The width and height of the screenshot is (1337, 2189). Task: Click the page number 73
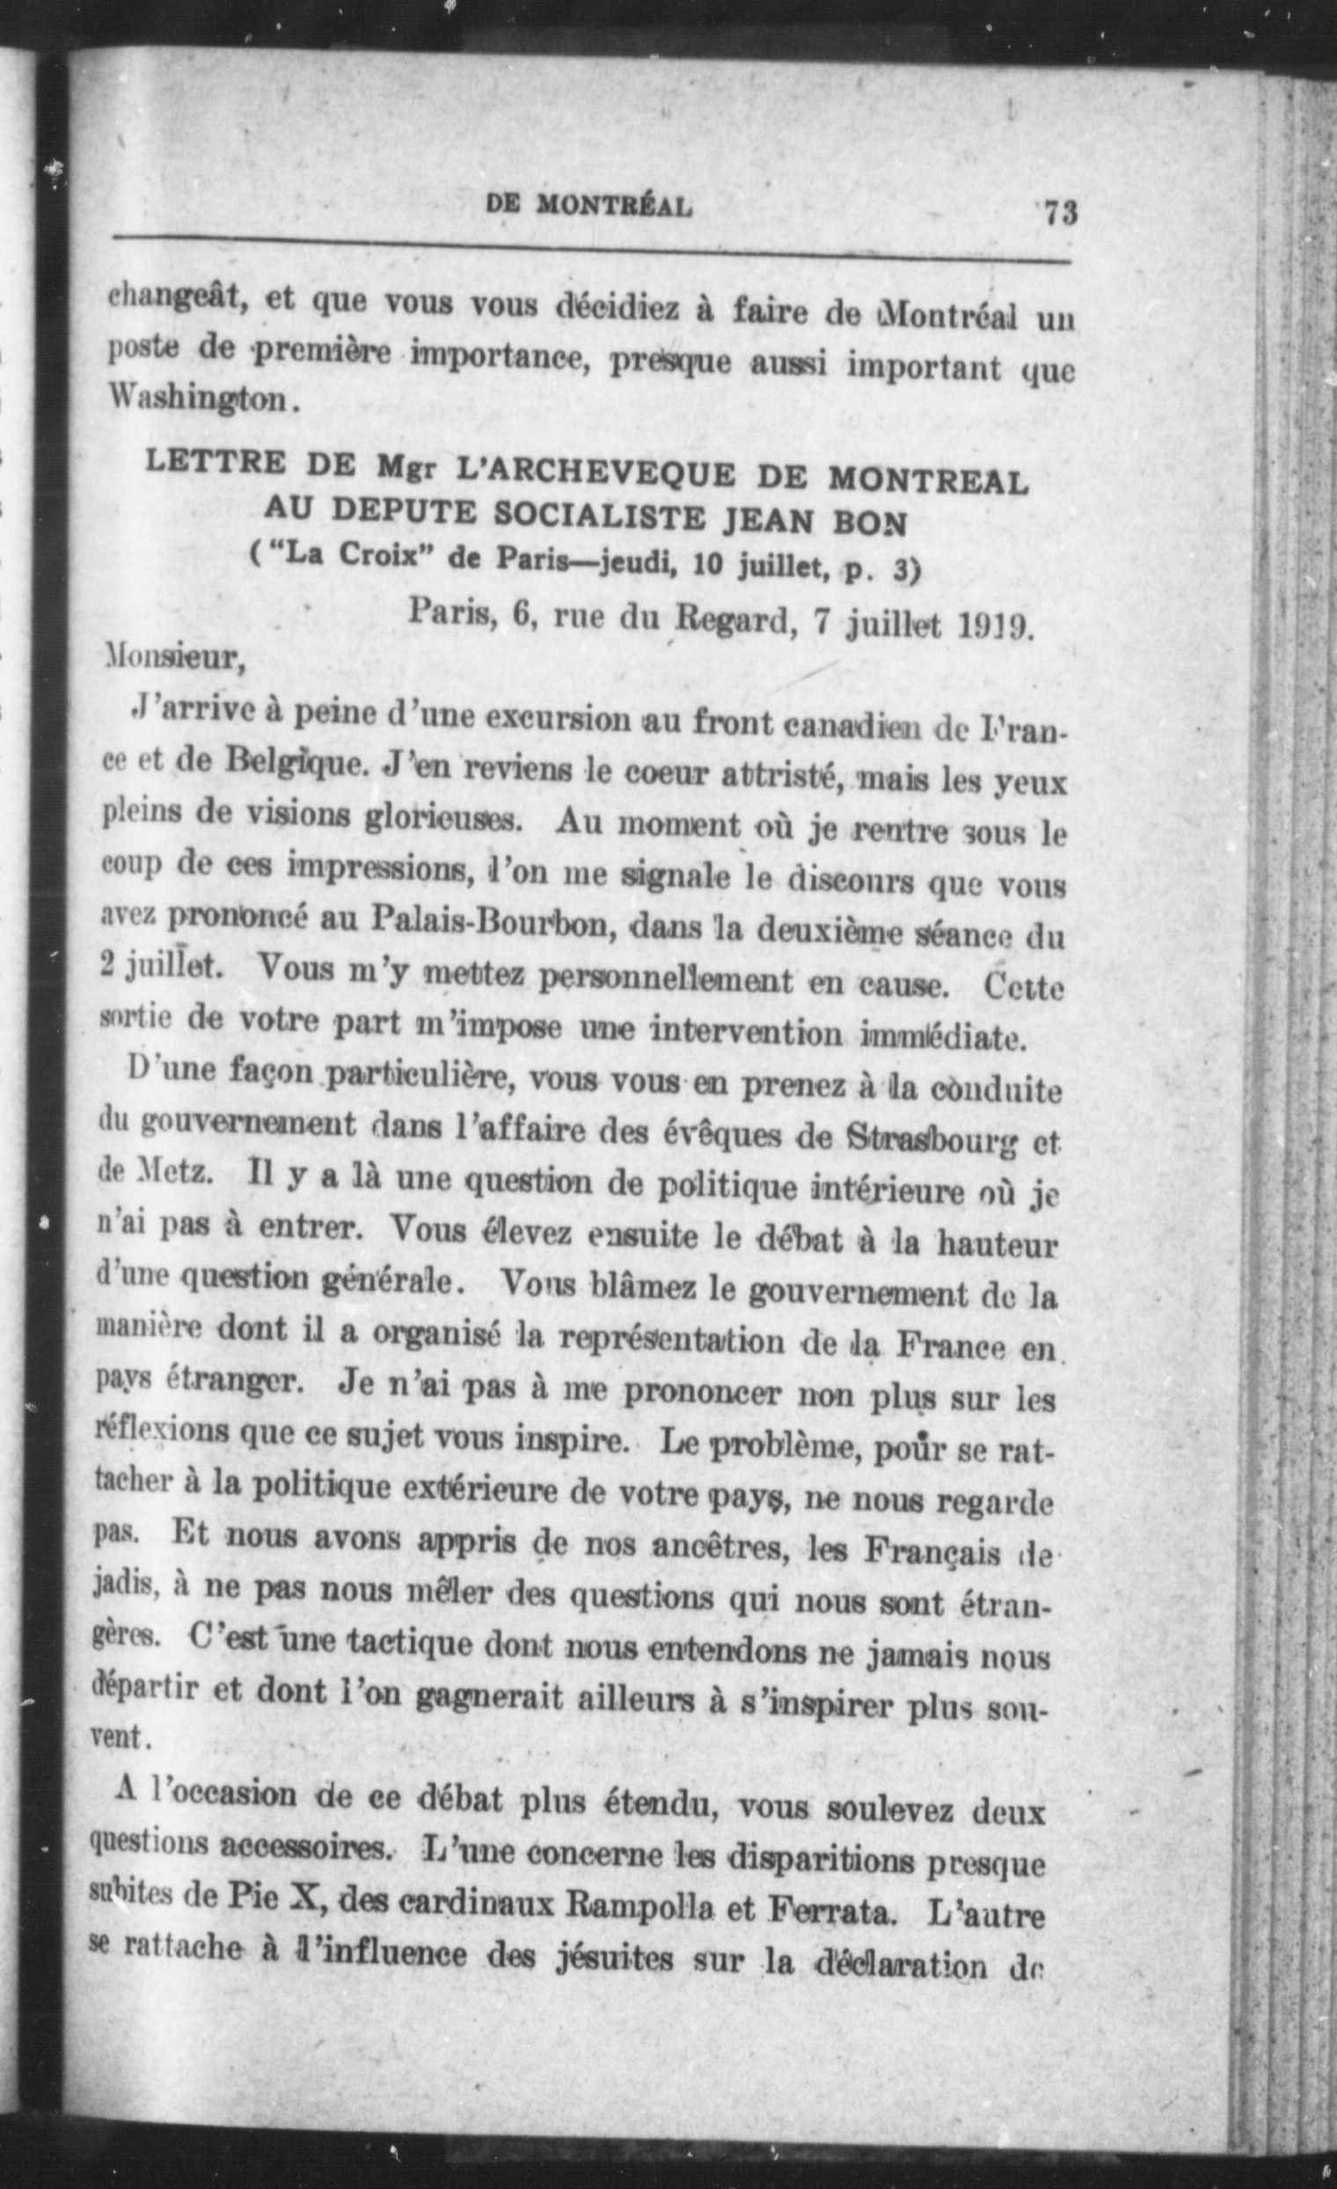(x=1060, y=214)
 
